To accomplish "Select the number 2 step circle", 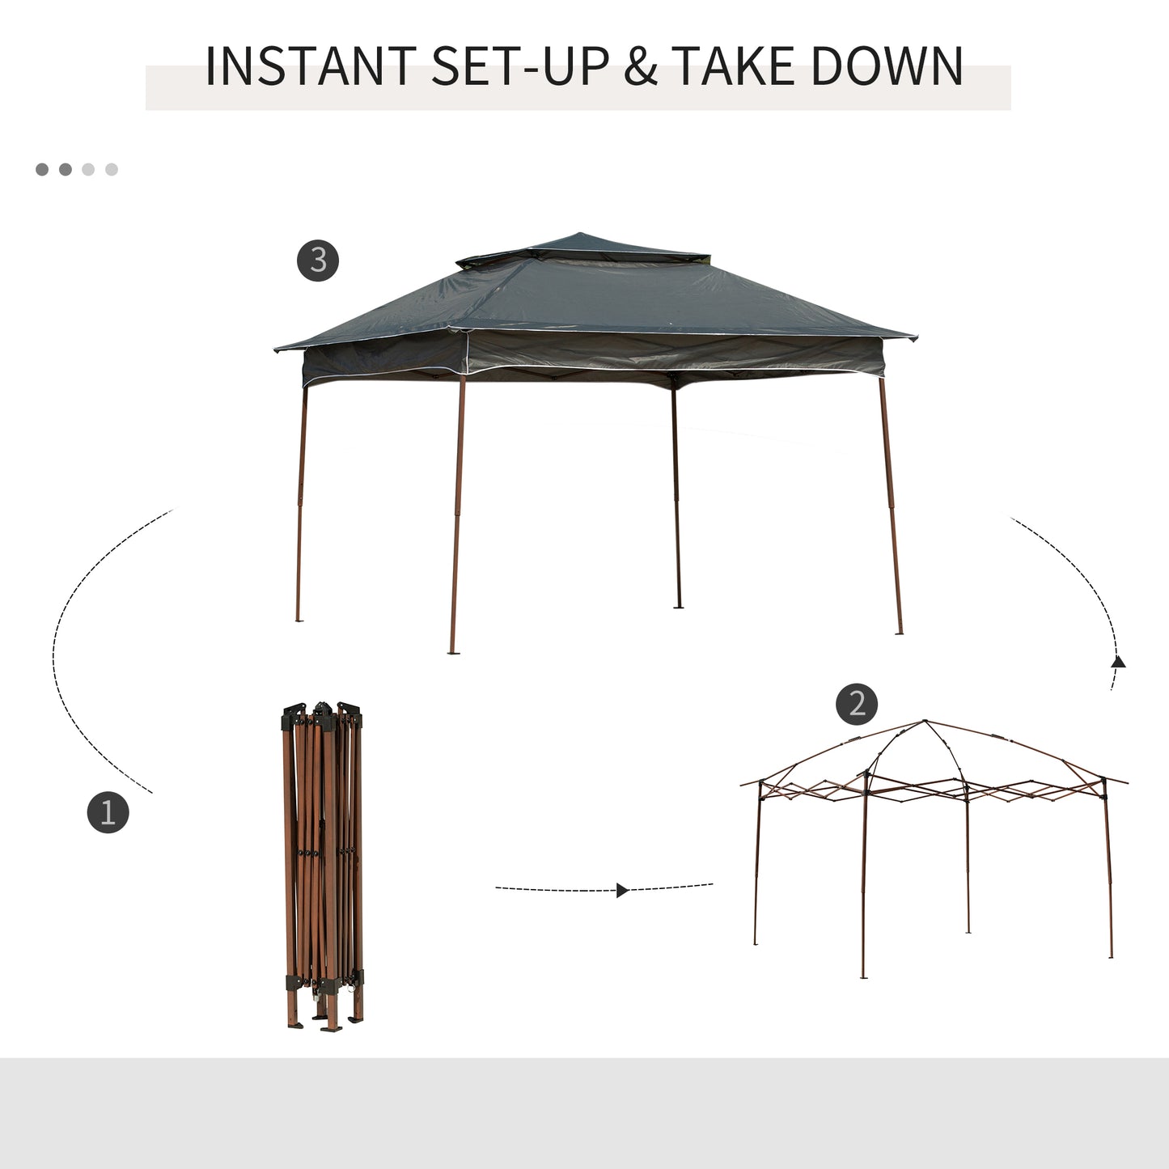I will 857,704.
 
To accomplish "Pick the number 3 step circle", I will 317,260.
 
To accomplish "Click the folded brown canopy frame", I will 323,866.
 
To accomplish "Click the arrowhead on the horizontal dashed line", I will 621,890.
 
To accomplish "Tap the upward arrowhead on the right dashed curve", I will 1118,662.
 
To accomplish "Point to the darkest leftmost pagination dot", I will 42,169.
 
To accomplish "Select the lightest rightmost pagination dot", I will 112,169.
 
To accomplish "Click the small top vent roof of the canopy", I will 582,247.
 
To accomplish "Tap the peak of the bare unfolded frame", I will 925,722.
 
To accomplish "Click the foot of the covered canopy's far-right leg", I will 899,631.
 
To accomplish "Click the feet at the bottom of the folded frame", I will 324,1023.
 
